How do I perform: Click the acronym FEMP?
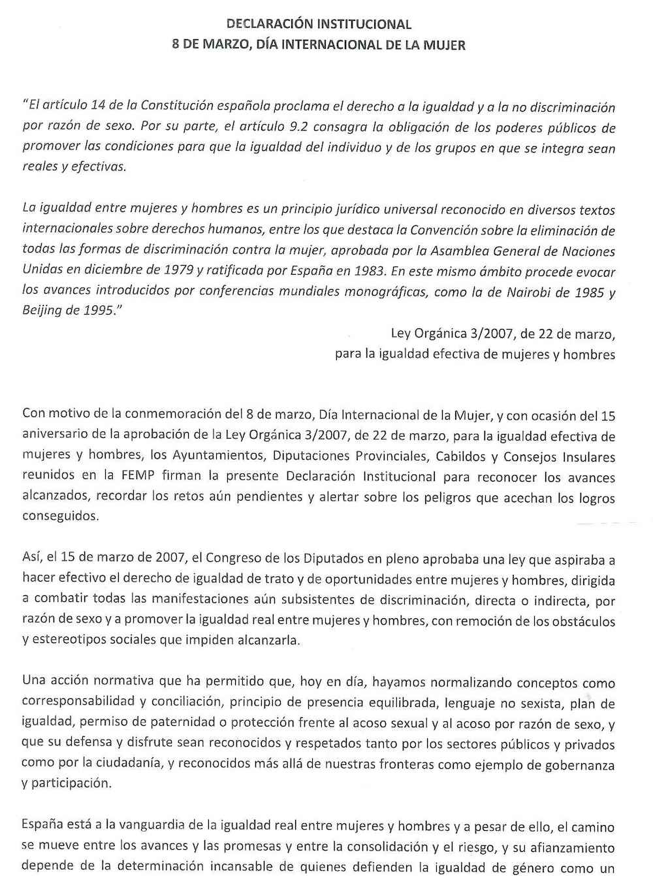coord(138,476)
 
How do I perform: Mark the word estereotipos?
coord(71,640)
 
